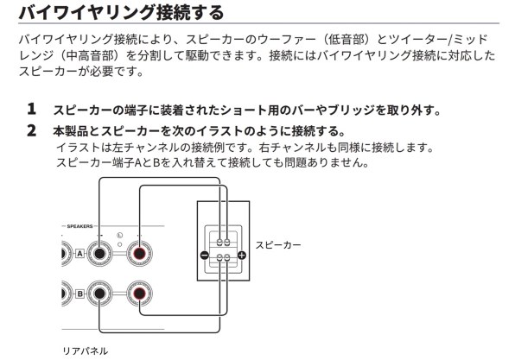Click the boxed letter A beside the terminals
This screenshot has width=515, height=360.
click(x=79, y=254)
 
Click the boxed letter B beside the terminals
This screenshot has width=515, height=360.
click(x=79, y=294)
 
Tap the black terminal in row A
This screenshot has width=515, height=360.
click(x=99, y=254)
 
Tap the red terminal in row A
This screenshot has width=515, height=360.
click(x=139, y=254)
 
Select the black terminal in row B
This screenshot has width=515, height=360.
click(x=99, y=294)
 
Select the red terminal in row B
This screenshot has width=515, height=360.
click(x=139, y=294)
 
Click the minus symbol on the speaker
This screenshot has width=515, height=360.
click(x=204, y=255)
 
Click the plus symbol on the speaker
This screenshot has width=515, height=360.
click(x=241, y=255)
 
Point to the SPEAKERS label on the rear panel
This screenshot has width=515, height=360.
click(x=79, y=226)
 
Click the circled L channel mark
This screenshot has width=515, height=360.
click(x=119, y=236)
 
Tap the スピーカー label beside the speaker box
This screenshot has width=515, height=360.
click(x=278, y=245)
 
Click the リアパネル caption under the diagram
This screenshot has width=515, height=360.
click(x=85, y=351)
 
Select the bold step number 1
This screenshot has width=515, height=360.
click(x=31, y=109)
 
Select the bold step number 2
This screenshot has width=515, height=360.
click(x=31, y=130)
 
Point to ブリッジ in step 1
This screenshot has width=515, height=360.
click(x=352, y=110)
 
